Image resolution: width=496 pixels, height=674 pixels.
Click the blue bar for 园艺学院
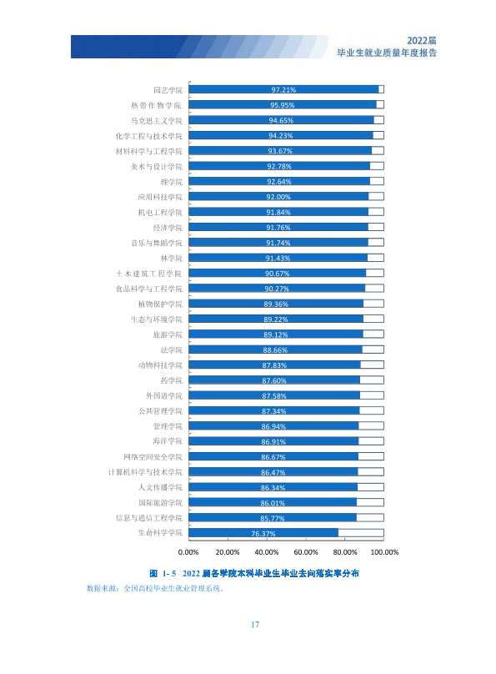click(x=284, y=89)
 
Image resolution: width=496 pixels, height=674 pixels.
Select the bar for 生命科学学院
click(x=263, y=533)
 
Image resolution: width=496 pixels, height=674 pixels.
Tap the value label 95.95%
click(x=282, y=105)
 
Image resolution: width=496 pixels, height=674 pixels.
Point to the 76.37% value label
click(x=263, y=534)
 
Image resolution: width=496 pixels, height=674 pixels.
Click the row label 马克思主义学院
click(x=157, y=121)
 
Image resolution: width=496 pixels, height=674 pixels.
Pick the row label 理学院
click(x=172, y=182)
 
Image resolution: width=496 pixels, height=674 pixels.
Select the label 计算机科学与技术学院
click(x=145, y=472)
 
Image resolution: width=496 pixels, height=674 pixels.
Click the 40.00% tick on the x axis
click(x=267, y=552)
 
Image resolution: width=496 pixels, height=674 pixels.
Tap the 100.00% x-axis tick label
click(x=384, y=552)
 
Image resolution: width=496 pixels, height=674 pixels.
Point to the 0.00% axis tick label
click(x=188, y=552)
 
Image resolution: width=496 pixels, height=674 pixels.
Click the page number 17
click(x=255, y=625)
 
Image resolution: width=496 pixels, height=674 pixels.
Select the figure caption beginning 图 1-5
click(x=254, y=573)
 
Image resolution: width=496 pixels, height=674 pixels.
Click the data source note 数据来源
click(x=155, y=588)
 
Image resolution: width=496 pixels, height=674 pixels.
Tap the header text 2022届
click(x=422, y=40)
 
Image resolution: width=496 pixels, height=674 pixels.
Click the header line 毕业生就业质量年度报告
click(x=387, y=53)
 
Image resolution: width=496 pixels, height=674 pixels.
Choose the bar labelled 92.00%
click(x=278, y=196)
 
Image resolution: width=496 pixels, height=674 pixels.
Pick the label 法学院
click(x=172, y=350)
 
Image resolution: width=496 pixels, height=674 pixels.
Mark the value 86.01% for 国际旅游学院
click(x=273, y=503)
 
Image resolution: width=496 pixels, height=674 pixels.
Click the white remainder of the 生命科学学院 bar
click(x=361, y=533)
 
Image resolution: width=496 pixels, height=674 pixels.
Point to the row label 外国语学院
click(x=164, y=396)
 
